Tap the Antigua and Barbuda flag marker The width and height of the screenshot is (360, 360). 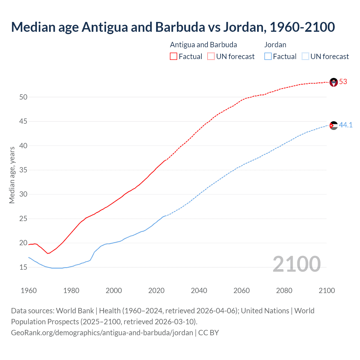334,82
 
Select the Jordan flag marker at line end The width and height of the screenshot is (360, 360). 334,125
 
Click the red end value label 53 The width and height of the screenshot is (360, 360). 343,82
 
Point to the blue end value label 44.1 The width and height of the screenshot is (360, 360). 346,125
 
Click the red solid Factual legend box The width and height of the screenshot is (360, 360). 174,57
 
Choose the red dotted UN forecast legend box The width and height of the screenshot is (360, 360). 211,57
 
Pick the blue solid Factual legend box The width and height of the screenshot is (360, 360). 268,57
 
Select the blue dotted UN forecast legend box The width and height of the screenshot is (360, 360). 305,57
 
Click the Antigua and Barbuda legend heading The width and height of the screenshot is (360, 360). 203,45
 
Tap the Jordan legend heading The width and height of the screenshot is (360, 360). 275,45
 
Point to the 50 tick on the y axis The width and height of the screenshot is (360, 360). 23,97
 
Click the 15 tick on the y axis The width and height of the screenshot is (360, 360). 23,267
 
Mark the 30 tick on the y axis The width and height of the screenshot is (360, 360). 23,194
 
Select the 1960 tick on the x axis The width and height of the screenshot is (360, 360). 29,291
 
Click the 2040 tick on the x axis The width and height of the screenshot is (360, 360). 199,291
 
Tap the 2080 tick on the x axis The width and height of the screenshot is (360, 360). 284,291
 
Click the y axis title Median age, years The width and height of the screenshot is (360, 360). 12,175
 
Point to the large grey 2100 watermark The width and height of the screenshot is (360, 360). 296,264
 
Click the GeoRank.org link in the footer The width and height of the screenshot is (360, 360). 102,333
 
